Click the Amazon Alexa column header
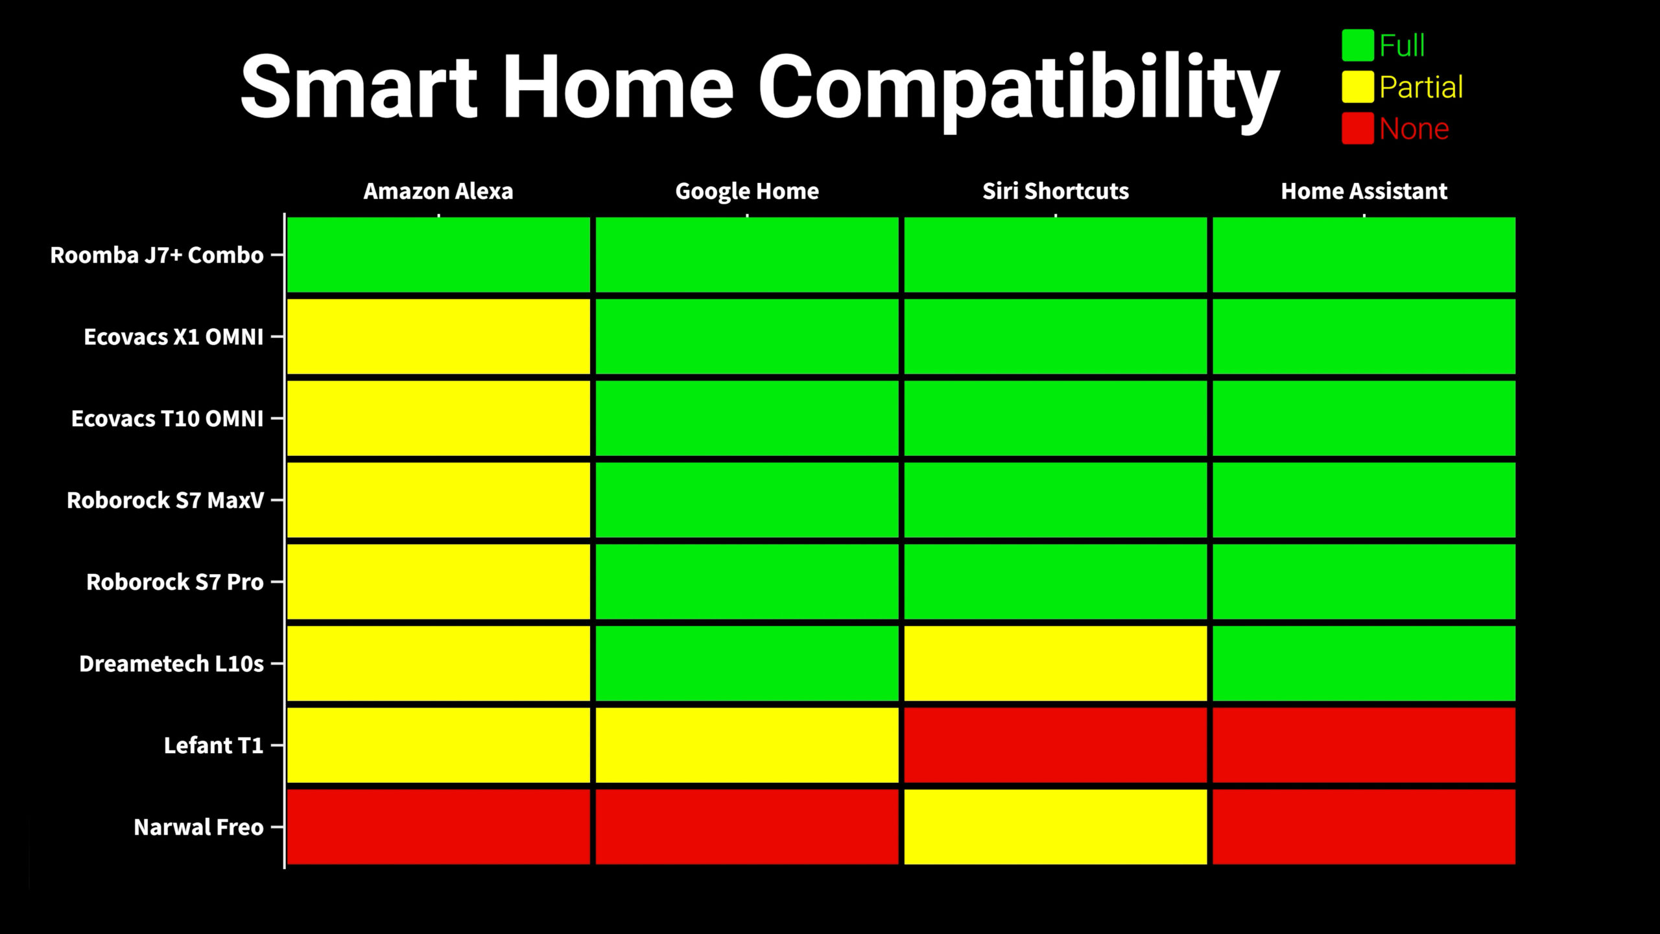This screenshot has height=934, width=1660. point(438,191)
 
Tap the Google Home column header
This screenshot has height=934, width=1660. point(747,191)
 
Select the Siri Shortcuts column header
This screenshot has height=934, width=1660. point(1056,191)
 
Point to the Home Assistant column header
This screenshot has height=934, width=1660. point(1364,191)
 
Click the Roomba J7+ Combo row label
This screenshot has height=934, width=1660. point(157,255)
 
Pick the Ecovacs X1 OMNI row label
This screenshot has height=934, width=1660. point(174,337)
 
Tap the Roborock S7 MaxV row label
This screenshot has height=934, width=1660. point(165,500)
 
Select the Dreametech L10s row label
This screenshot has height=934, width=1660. point(171,664)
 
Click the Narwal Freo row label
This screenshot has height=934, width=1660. point(198,827)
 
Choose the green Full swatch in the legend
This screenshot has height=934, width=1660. point(1358,45)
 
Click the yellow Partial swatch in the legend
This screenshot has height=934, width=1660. point(1358,87)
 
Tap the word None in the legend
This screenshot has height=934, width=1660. point(1414,129)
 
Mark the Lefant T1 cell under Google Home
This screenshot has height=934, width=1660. point(747,745)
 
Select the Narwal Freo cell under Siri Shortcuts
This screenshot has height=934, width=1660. point(1056,827)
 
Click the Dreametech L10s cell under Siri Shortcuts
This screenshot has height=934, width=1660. point(1056,664)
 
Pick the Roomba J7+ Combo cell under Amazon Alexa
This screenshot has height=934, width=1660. point(438,255)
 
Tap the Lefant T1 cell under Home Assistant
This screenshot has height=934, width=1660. point(1364,745)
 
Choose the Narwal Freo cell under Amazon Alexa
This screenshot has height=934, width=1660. point(438,827)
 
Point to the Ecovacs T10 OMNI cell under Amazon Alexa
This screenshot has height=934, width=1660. point(438,418)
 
